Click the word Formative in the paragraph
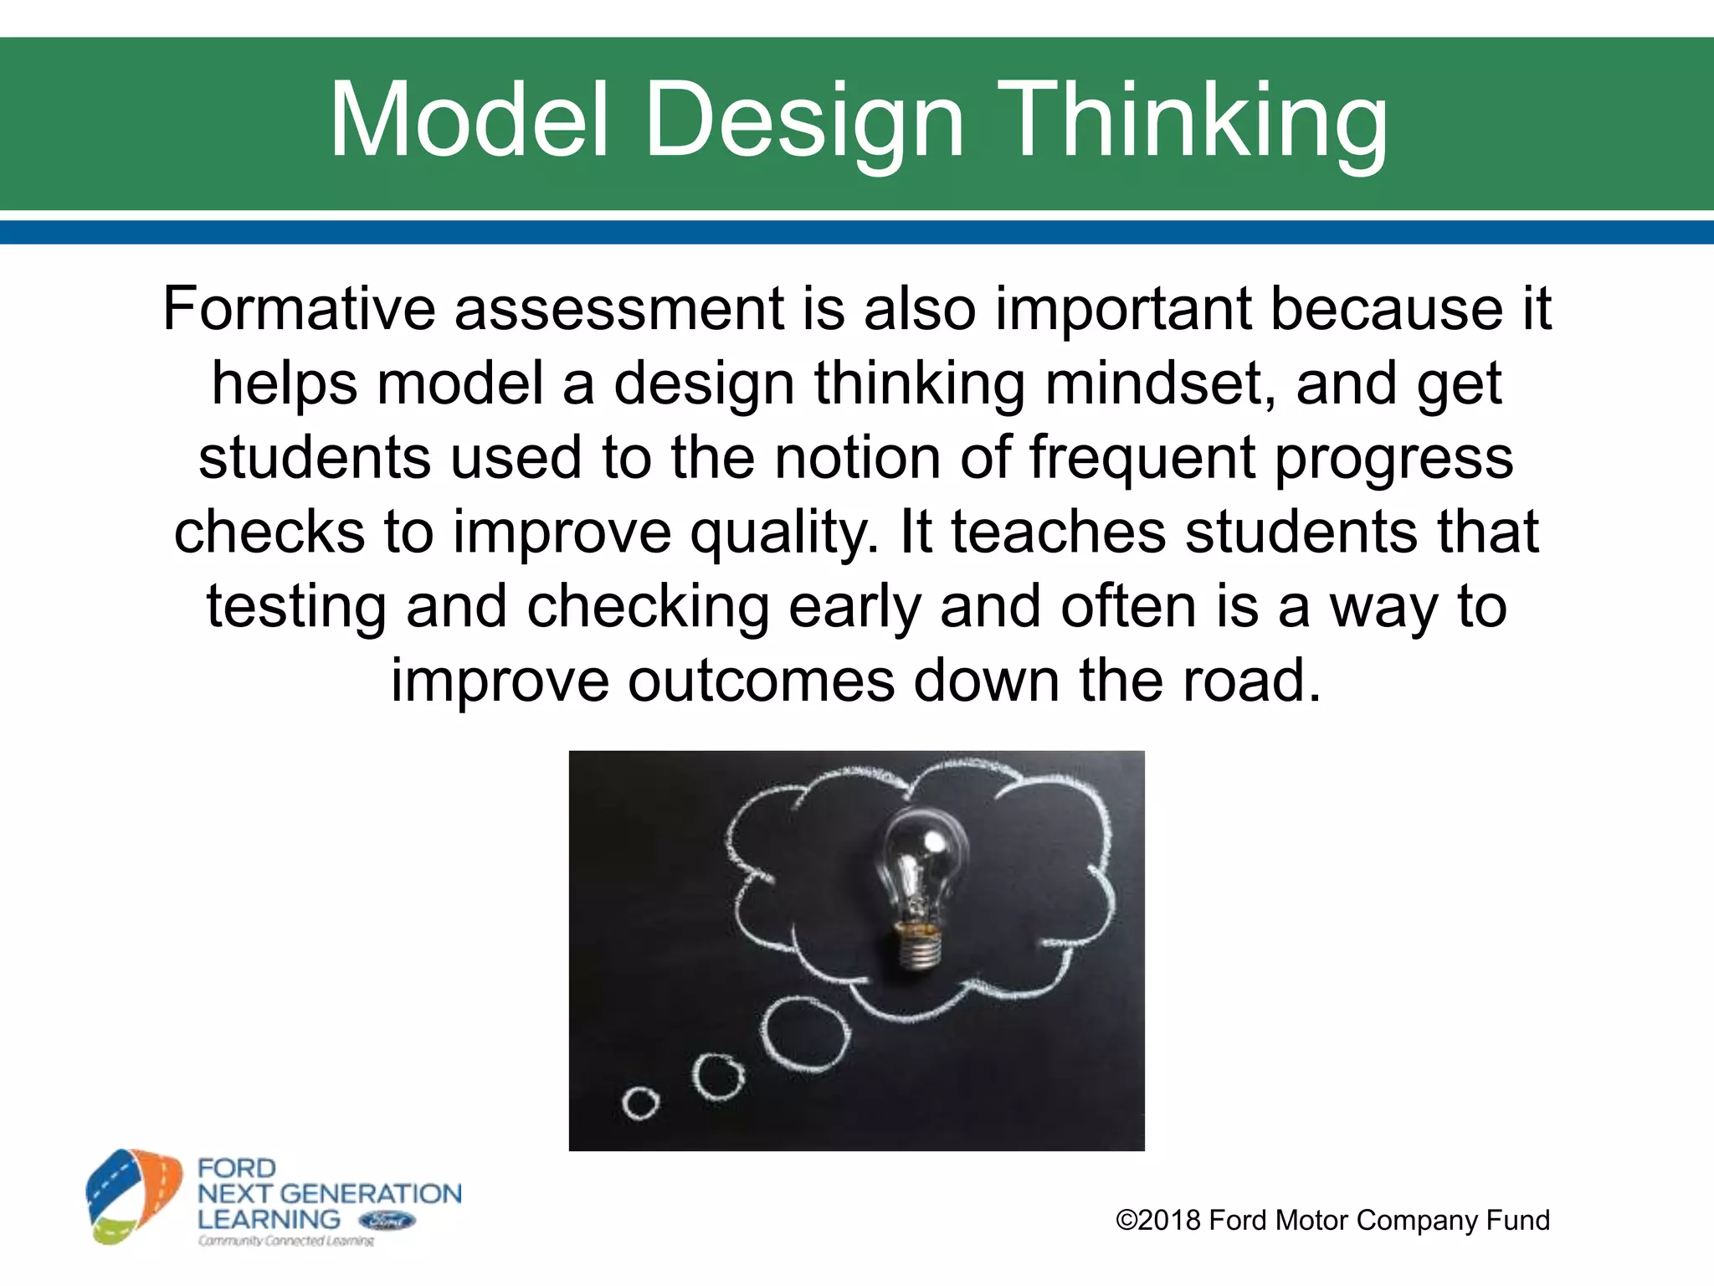pos(298,309)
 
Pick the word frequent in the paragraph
pos(1142,459)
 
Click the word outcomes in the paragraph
pos(760,681)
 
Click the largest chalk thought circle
pos(805,1036)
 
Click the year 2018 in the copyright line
pos(1169,1220)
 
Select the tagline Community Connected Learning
pos(285,1241)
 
